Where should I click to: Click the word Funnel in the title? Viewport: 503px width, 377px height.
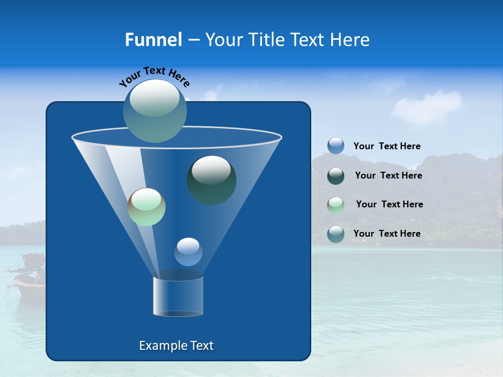(153, 40)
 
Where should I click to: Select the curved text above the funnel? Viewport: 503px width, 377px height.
(154, 77)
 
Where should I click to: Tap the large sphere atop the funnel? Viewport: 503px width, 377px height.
(155, 110)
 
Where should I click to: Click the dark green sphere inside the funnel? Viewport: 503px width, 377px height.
(211, 180)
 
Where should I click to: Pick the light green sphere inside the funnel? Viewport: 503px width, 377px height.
(146, 207)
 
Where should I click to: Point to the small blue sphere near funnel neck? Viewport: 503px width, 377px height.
(188, 252)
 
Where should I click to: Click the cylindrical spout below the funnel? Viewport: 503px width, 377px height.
(178, 296)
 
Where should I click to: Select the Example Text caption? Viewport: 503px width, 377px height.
(176, 346)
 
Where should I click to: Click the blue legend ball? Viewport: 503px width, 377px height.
(336, 146)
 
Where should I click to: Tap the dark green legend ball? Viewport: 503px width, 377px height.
(336, 176)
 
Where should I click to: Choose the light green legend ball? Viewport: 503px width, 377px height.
(336, 205)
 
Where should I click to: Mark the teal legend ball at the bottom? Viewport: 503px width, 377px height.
(336, 234)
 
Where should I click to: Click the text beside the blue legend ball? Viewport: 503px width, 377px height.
(387, 147)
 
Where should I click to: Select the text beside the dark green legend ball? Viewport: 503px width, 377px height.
(388, 176)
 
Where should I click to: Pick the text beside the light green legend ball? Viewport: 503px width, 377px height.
(389, 205)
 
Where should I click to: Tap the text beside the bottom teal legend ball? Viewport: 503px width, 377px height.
(387, 234)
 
